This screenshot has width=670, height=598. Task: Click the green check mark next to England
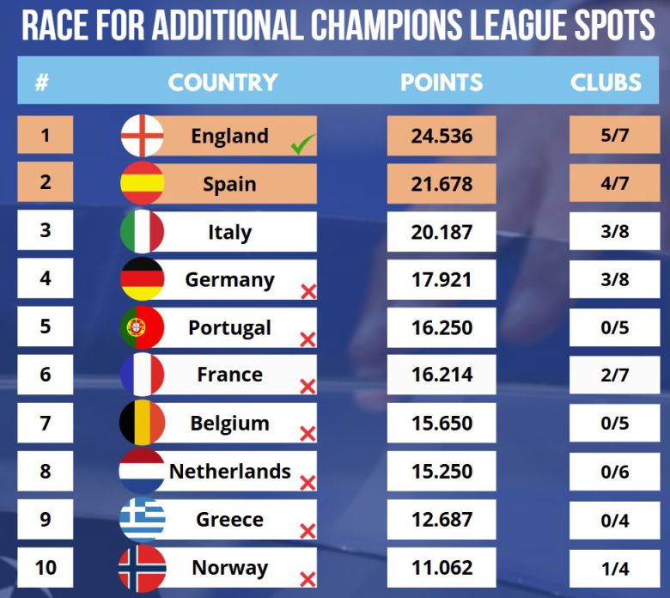[x=302, y=146]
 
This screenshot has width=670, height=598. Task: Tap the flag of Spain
[x=142, y=183]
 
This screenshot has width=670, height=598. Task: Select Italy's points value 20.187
[x=441, y=232]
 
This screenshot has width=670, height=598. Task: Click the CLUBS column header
[x=606, y=82]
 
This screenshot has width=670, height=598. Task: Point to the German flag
[x=142, y=279]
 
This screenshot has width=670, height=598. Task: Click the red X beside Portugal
[x=308, y=340]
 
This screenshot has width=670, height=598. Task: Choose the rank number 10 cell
[x=45, y=568]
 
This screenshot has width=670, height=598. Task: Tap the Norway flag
[x=142, y=568]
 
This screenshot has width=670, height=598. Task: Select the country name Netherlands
[x=230, y=472]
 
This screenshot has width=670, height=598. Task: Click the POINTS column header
[x=442, y=82]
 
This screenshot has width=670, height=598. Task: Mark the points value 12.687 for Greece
[x=441, y=520]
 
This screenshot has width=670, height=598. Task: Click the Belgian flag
[x=142, y=424]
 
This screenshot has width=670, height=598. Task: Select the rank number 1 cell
[x=45, y=136]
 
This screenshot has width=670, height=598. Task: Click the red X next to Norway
[x=308, y=579]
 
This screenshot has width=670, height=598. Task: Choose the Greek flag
[x=142, y=520]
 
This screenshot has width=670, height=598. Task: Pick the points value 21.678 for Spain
[x=441, y=184]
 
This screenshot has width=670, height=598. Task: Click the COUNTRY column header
[x=222, y=82]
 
